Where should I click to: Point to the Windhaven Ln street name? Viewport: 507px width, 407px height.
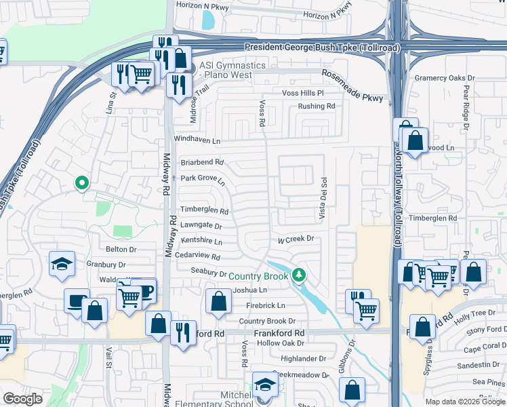pos(197,140)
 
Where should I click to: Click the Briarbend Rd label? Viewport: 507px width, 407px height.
pos(202,163)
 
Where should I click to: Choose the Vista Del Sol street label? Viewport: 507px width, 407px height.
pos(323,198)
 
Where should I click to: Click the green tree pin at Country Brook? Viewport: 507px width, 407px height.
pos(299,274)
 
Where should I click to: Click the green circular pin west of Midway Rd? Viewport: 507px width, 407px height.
pos(81,182)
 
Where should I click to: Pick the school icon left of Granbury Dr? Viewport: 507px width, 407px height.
pos(62,264)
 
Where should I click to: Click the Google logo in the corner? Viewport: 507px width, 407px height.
pos(23,399)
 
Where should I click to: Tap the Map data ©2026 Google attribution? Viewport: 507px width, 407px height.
pos(465,402)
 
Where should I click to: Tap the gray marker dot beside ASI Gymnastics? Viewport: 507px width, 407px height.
pos(191,69)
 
